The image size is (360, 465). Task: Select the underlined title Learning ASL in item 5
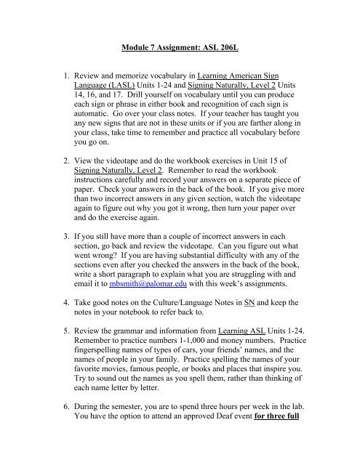(x=246, y=349)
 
